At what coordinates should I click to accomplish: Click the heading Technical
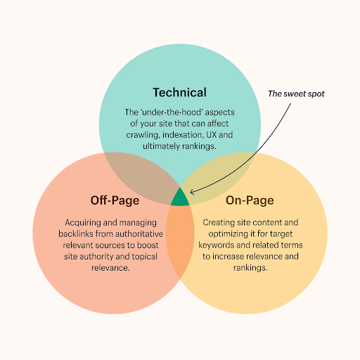tap(180, 92)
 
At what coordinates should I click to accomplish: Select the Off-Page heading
tap(115, 200)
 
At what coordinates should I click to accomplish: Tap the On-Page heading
tap(250, 200)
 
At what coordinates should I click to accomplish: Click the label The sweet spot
tap(296, 94)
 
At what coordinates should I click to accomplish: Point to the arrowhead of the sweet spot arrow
tap(191, 192)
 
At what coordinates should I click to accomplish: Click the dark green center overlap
tap(180, 199)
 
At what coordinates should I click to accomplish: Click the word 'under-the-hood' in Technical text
tap(172, 112)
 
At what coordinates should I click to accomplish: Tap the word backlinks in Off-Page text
tap(76, 233)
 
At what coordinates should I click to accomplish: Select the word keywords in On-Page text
tap(216, 245)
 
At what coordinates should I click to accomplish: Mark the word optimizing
tap(226, 234)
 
